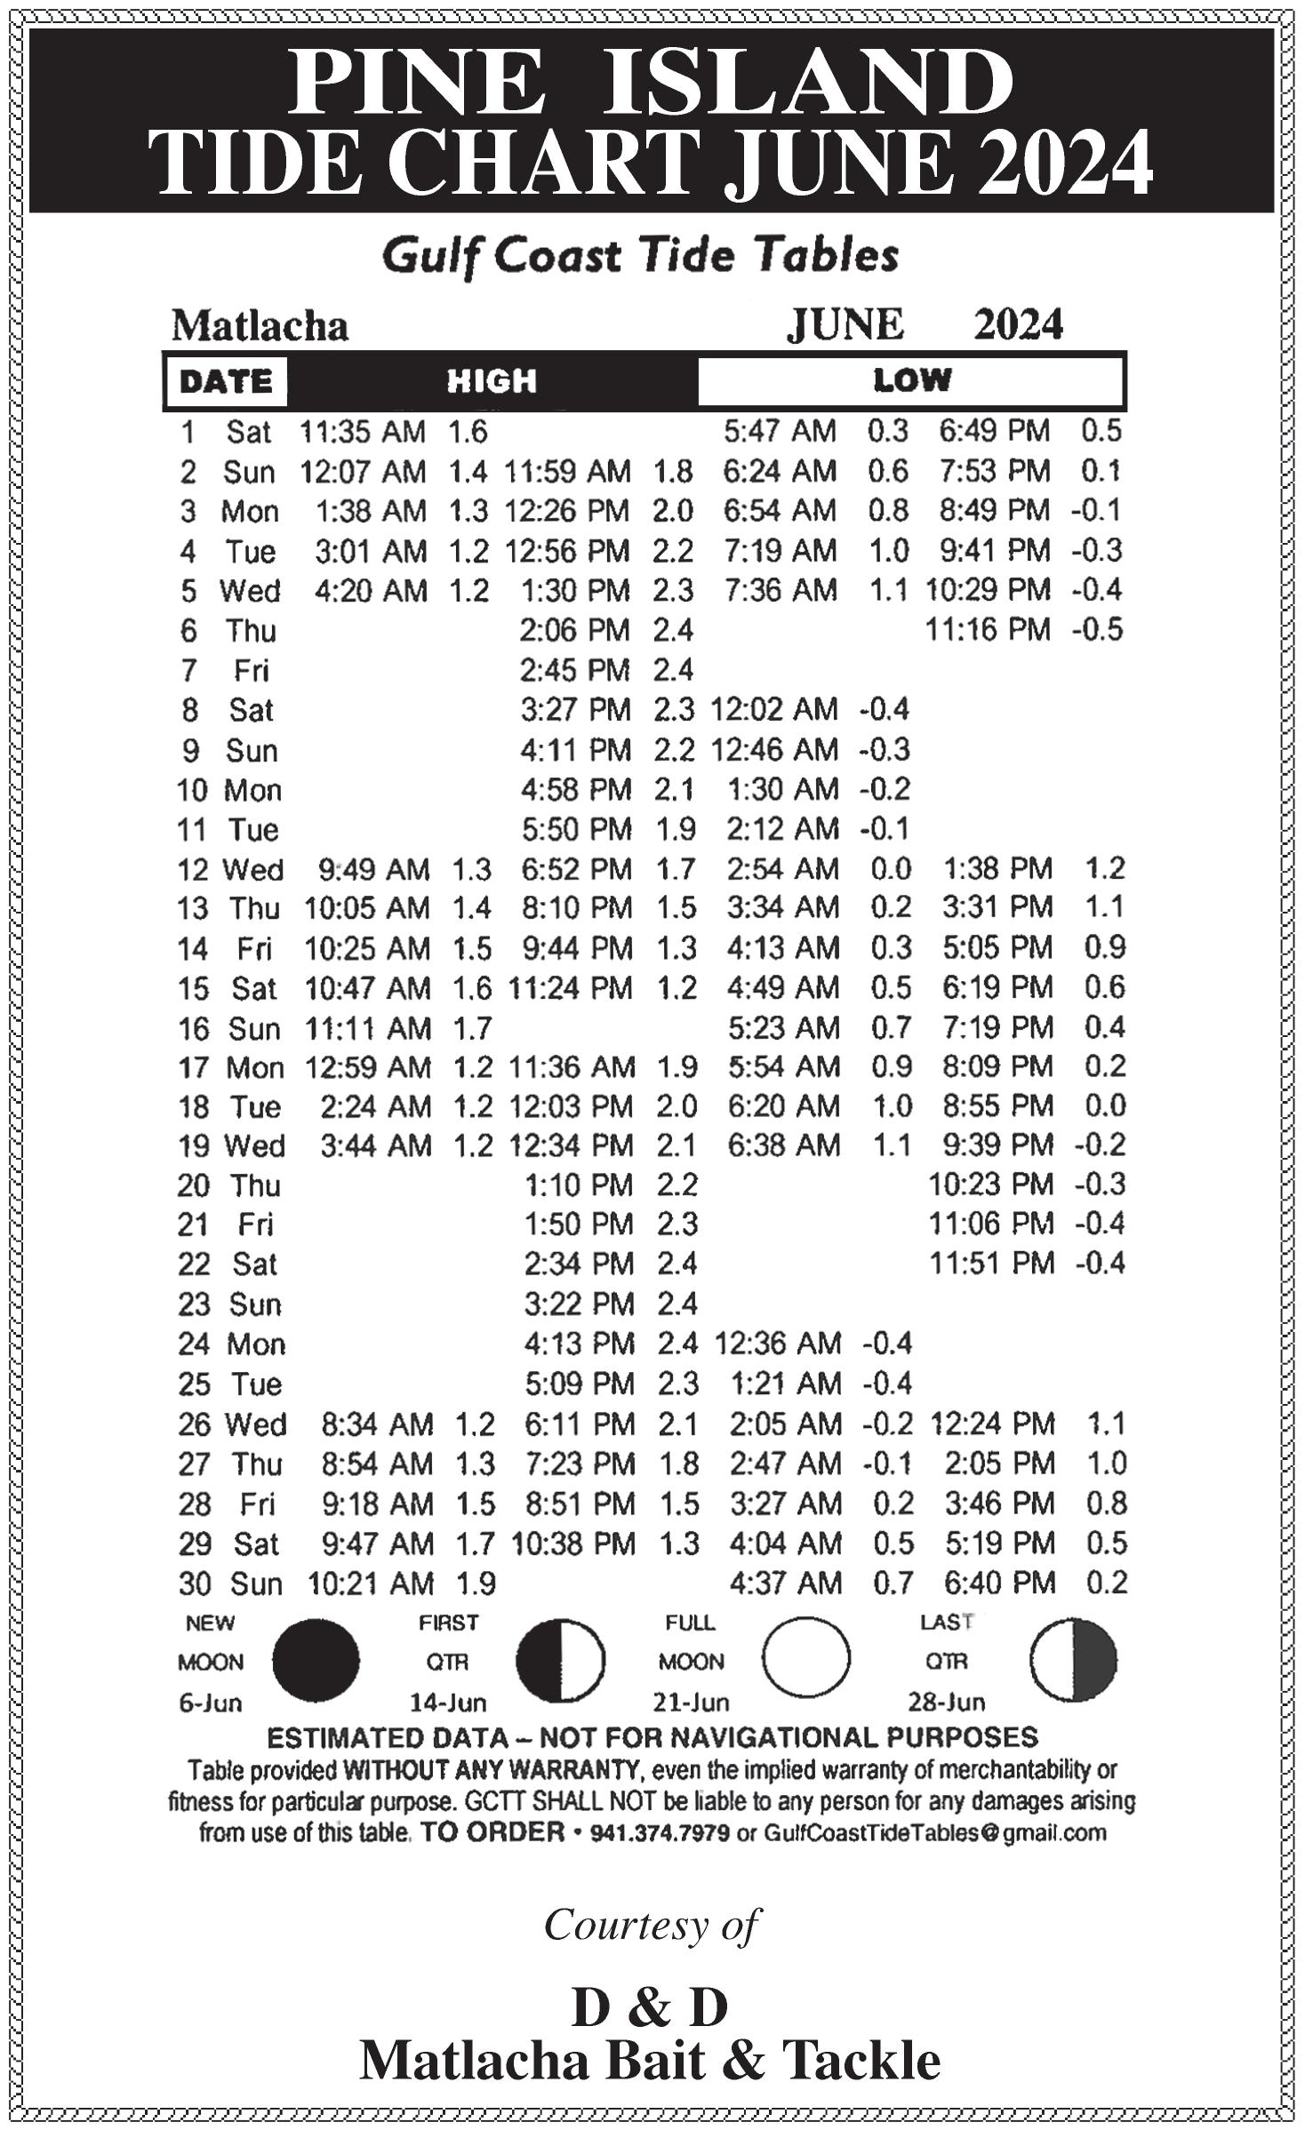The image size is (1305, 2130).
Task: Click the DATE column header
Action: point(226,381)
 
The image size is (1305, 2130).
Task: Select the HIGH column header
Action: point(492,381)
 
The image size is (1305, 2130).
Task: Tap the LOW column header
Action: point(911,381)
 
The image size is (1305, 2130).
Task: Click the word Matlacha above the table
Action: point(260,326)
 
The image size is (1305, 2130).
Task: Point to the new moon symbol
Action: point(316,1660)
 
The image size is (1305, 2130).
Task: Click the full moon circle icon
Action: point(805,1658)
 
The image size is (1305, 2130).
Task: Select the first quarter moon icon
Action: point(560,1660)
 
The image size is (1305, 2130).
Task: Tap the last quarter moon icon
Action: point(1073,1658)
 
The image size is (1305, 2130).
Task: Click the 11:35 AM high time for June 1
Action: point(362,432)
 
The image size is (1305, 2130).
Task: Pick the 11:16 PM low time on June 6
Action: point(989,630)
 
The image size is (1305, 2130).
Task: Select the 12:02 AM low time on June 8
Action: point(773,709)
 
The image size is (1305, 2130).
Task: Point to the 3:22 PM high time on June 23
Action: point(578,1304)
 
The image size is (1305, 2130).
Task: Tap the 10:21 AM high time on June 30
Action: point(371,1583)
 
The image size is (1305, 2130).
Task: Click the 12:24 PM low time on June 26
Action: point(992,1424)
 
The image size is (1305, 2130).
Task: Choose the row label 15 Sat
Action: point(228,988)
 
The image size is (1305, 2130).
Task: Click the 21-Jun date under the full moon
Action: point(691,1703)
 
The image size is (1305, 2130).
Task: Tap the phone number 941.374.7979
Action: point(660,1833)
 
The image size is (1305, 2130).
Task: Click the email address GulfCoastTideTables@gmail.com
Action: point(934,1833)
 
